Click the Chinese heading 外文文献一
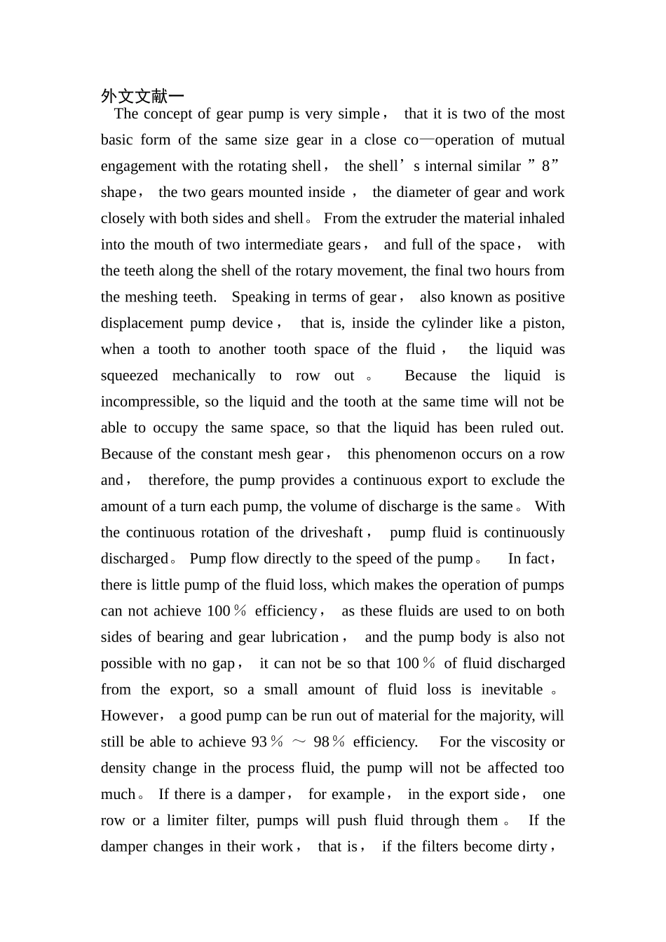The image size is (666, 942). point(142,96)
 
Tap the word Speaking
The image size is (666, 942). point(259,297)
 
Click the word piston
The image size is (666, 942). point(541,324)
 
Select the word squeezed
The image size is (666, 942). point(129,376)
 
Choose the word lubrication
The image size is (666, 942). point(304,637)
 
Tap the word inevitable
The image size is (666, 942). point(512,690)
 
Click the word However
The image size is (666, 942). point(130,716)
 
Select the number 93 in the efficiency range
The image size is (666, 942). point(259,742)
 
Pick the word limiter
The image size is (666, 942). point(188,821)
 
